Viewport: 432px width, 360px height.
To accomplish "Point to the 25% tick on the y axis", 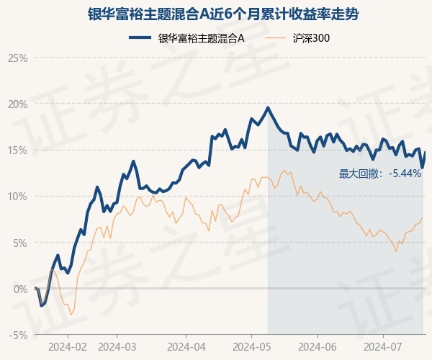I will pos(17,58).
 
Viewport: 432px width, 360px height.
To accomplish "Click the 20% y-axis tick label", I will pos(17,104).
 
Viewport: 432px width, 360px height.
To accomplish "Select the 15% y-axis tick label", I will pos(17,150).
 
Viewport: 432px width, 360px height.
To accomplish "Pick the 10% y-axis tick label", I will pos(17,196).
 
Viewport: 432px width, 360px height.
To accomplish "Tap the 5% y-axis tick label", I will pos(19,243).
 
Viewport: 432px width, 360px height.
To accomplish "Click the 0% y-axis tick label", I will pos(19,289).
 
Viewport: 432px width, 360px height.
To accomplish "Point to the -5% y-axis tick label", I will pos(18,335).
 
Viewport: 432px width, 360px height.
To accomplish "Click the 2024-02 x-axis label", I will pos(68,346).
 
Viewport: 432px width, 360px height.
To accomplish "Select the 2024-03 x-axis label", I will pos(117,346).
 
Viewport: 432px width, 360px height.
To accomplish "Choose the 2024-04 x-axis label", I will pos(185,346).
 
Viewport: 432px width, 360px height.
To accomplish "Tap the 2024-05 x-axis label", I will pos(251,346).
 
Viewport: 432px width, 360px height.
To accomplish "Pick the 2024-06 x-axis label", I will pos(318,346).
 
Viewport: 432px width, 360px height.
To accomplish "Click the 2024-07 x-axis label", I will pos(383,346).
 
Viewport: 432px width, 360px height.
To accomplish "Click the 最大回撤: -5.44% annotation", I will pos(379,174).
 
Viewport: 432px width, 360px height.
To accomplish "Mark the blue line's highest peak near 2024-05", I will pos(268,108).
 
